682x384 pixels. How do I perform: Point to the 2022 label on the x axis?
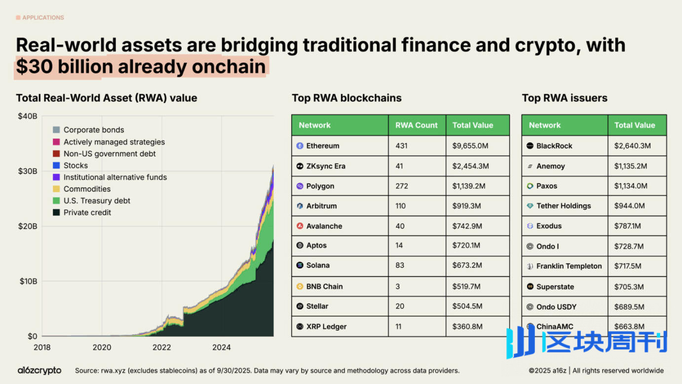click(x=162, y=347)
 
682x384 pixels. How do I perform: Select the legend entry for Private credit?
click(x=87, y=213)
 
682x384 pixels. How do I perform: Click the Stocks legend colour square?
click(x=56, y=165)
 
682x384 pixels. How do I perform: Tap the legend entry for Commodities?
click(x=87, y=189)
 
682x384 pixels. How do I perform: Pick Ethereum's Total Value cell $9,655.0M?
click(x=469, y=146)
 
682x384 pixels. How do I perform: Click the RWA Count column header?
click(x=417, y=125)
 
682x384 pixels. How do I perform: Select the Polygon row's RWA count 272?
click(x=402, y=186)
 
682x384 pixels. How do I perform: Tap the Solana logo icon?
click(x=300, y=266)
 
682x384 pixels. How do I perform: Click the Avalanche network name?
click(x=324, y=226)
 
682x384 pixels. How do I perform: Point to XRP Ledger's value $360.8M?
click(x=467, y=327)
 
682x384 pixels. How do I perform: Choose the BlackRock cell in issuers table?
click(x=554, y=146)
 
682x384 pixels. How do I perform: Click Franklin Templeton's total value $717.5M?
click(x=628, y=266)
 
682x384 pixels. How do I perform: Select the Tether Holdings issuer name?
click(x=563, y=206)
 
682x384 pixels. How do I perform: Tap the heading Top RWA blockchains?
click(x=346, y=98)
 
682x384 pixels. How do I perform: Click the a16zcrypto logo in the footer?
click(x=39, y=370)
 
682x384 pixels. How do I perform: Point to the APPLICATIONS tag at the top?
click(x=43, y=18)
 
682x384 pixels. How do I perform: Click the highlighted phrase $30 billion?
click(x=58, y=67)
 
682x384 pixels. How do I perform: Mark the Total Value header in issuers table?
click(x=635, y=125)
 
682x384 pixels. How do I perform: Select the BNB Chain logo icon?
click(x=300, y=286)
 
